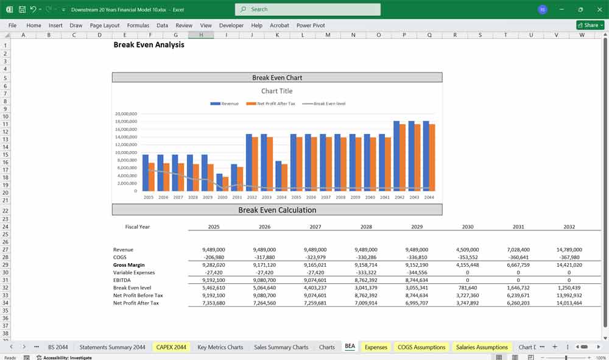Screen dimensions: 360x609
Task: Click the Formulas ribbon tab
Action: pyautogui.click(x=138, y=26)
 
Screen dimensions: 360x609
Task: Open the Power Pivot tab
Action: pyautogui.click(x=311, y=26)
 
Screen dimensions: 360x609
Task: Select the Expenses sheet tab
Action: pyautogui.click(x=376, y=347)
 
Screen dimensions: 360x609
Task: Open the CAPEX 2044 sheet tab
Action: pyautogui.click(x=171, y=347)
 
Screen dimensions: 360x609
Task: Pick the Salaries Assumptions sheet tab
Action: pyautogui.click(x=482, y=347)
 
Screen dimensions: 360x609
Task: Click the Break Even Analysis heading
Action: pyautogui.click(x=149, y=44)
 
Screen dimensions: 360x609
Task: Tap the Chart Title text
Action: pyautogui.click(x=277, y=91)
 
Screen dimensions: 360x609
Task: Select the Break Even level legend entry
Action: pyautogui.click(x=329, y=104)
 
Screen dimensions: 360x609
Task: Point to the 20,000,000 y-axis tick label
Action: pyautogui.click(x=125, y=114)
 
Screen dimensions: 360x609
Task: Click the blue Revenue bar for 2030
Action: pyautogui.click(x=219, y=182)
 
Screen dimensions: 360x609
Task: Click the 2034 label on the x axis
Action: pyautogui.click(x=281, y=197)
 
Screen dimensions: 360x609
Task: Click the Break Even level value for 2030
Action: pyautogui.click(x=468, y=288)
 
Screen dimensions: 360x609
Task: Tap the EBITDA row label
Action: pyautogui.click(x=122, y=280)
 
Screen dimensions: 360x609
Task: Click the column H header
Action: pyautogui.click(x=201, y=35)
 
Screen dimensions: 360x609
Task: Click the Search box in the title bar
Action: pyautogui.click(x=308, y=9)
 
